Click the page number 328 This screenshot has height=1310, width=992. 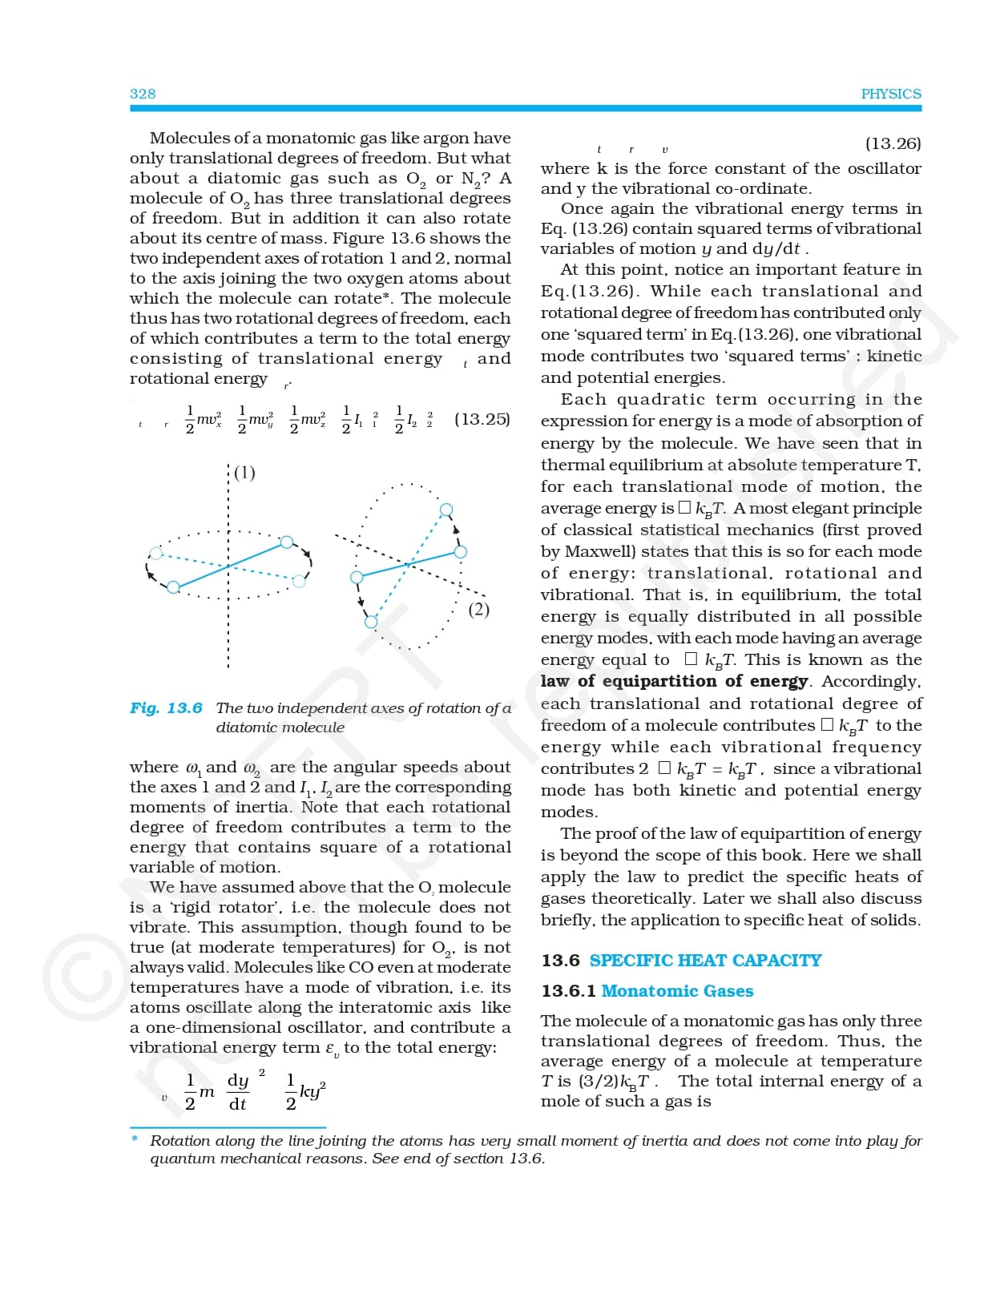tap(143, 94)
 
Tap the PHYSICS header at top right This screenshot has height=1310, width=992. tap(890, 94)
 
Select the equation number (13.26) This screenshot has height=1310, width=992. tap(893, 143)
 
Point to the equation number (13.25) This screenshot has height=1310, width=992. tap(482, 419)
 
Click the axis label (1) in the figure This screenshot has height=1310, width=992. tap(244, 473)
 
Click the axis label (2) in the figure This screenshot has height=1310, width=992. tap(478, 610)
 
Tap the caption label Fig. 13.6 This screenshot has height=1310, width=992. tap(166, 708)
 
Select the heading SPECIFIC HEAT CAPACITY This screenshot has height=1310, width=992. tap(705, 961)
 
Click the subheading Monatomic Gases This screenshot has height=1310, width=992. tap(677, 991)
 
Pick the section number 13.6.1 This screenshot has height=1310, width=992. tap(568, 991)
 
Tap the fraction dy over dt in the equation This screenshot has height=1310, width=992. tap(237, 1092)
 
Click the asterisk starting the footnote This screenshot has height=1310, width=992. tap(135, 1139)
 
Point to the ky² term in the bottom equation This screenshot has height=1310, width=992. tap(313, 1091)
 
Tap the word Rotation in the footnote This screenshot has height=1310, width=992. tap(181, 1141)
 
